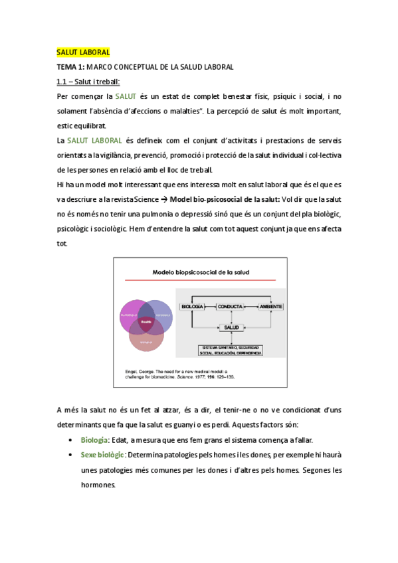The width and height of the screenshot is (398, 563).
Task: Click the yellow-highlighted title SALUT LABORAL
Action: click(x=83, y=52)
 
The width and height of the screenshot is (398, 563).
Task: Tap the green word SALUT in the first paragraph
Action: click(x=126, y=96)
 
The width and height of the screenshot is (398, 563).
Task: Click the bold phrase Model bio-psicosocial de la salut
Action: click(x=225, y=199)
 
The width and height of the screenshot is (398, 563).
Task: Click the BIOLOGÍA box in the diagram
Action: click(x=192, y=306)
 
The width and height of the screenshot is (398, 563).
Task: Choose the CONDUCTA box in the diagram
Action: click(x=230, y=306)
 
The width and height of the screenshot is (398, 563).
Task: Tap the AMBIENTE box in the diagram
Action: click(x=270, y=306)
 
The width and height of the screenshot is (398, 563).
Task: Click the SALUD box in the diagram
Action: click(x=231, y=328)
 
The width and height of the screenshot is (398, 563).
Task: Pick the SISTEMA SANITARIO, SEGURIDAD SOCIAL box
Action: click(x=231, y=349)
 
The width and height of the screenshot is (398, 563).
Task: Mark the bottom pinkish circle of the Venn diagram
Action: click(x=146, y=337)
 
